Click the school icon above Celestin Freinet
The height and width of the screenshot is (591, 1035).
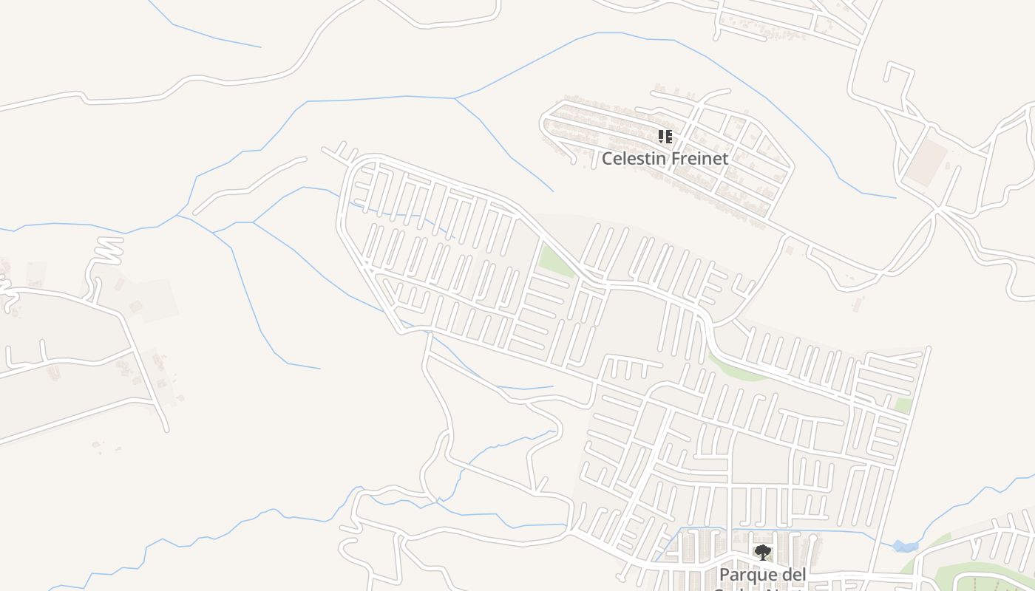point(665,137)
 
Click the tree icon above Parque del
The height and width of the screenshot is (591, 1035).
point(762,552)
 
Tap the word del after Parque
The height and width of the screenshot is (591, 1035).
point(793,574)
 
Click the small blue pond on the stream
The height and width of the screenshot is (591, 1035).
point(903,546)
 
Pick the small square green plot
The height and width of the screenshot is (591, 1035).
point(902,405)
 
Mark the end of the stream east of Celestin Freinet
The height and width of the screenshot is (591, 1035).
point(895,197)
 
